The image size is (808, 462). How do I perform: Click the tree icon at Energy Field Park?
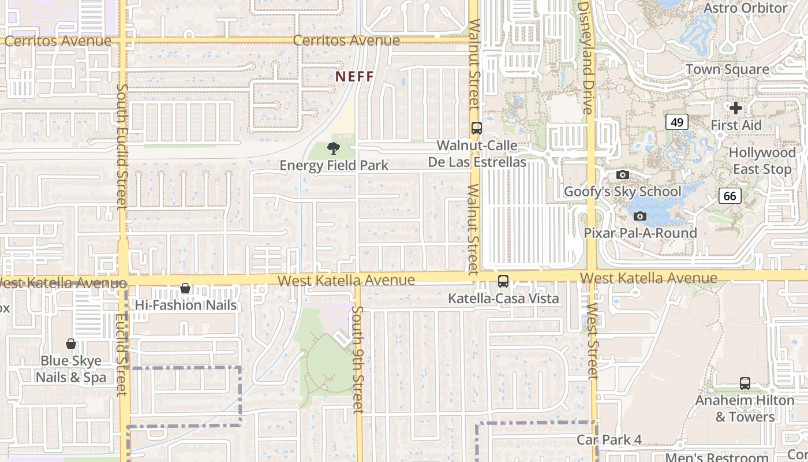pos(333,148)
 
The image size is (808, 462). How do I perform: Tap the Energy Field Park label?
pos(334,166)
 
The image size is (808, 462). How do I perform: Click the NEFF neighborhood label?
pos(355,76)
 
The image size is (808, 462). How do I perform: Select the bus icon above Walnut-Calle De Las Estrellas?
pos(476,128)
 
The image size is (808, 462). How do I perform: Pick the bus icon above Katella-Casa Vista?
pos(503,281)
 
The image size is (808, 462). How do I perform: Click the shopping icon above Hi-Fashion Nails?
pos(185,288)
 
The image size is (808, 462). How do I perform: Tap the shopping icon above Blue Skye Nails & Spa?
pos(71,344)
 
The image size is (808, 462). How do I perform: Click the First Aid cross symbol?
pos(736,108)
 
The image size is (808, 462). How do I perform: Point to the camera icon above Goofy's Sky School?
pos(622,174)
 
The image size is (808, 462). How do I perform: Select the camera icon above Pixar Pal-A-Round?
pos(639,216)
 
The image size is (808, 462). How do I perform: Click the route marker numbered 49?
pos(677,122)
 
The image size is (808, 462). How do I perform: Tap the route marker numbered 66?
pos(730,196)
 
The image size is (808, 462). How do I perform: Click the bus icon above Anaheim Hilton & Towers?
pos(745,383)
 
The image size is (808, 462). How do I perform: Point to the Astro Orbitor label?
pos(746,8)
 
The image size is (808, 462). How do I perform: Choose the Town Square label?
pos(727,70)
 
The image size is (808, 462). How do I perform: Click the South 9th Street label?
pos(358,360)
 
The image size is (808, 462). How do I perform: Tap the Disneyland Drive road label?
pos(586,56)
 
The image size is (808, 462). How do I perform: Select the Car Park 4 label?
pos(609,440)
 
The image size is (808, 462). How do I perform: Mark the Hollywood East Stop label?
pos(762,161)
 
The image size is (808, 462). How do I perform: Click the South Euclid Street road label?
pos(122,146)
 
